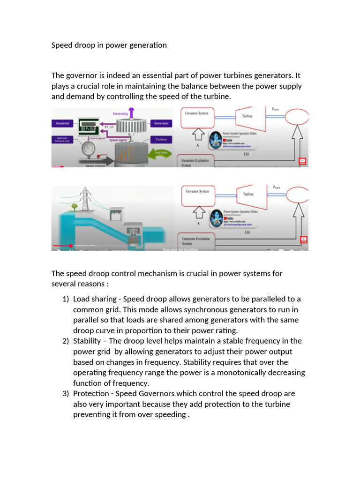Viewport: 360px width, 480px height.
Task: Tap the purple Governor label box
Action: click(x=63, y=124)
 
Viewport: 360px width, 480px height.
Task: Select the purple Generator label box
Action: click(x=161, y=124)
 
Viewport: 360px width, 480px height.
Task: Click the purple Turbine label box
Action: click(x=161, y=140)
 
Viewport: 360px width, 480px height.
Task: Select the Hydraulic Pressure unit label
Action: click(x=62, y=140)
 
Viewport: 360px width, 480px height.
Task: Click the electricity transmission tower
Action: click(x=86, y=199)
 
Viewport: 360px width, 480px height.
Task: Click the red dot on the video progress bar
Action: click(x=71, y=246)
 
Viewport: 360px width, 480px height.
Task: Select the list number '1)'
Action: click(x=66, y=299)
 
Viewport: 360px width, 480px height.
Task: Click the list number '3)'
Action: click(x=66, y=394)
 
